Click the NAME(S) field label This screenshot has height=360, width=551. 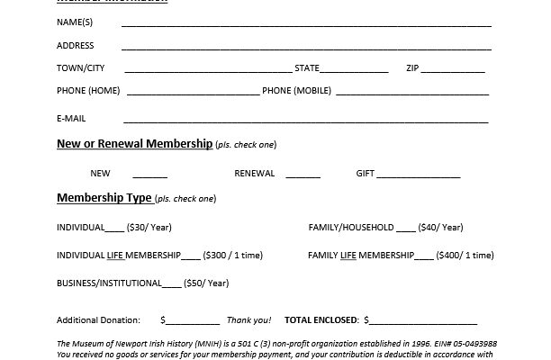(75, 22)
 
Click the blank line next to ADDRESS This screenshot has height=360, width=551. (306, 45)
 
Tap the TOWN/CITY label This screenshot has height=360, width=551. (81, 67)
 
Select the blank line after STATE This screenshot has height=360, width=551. (355, 68)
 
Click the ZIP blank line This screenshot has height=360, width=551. (454, 68)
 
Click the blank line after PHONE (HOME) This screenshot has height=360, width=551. (193, 92)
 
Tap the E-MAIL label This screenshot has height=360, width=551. (71, 118)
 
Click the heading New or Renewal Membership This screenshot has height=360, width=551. (135, 144)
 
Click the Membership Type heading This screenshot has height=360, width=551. (103, 197)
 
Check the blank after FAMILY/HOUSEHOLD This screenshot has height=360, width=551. (406, 228)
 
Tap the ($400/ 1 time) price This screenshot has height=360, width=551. (465, 256)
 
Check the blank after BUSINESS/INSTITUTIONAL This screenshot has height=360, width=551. (171, 284)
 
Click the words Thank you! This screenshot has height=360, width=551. (248, 319)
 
